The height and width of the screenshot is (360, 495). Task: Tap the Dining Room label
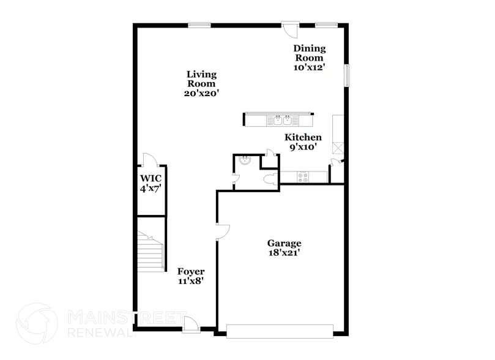tap(309, 58)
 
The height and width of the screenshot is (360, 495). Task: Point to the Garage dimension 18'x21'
tap(283, 252)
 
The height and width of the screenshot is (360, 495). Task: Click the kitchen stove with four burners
tap(303, 177)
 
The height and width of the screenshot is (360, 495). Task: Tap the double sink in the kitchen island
tap(282, 120)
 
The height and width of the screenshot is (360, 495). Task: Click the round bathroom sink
tap(244, 161)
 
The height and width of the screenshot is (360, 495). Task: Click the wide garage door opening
tap(280, 331)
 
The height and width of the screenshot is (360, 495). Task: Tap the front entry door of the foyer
tap(190, 324)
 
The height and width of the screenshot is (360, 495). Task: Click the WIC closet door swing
tap(150, 160)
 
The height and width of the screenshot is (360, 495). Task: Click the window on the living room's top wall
tap(199, 25)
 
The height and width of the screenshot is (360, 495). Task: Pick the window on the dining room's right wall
tap(346, 75)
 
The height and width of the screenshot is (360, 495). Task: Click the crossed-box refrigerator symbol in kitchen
tap(338, 148)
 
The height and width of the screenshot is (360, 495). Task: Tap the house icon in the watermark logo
tap(37, 323)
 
